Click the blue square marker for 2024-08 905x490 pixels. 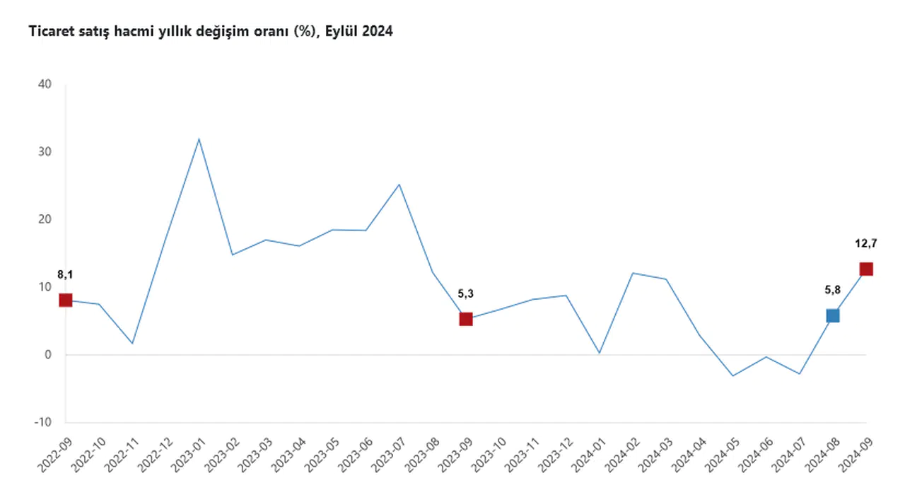click(x=832, y=315)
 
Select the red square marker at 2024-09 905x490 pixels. click(x=866, y=269)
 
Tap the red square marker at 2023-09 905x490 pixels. click(x=466, y=319)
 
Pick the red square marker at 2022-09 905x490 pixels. click(x=66, y=300)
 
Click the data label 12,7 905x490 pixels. click(x=866, y=243)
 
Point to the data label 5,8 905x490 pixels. click(x=832, y=289)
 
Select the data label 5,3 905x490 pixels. click(x=466, y=293)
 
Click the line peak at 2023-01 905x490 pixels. click(x=199, y=139)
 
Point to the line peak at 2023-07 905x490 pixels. click(x=399, y=185)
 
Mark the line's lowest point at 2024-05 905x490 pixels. click(x=732, y=375)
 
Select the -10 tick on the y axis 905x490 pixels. click(x=44, y=422)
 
